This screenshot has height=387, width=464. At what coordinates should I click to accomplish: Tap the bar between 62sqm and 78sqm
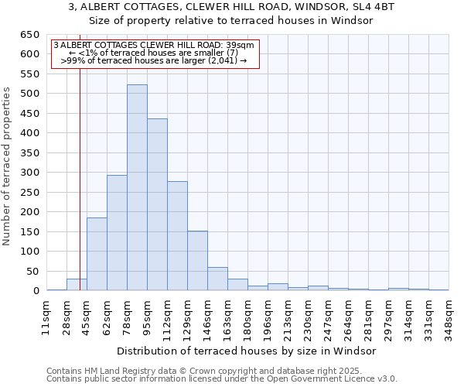point(117,232)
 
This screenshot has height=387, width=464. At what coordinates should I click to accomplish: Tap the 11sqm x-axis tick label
point(46,316)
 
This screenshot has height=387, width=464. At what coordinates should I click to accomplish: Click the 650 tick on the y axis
point(29,35)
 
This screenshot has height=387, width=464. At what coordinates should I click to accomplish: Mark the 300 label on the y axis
point(29,173)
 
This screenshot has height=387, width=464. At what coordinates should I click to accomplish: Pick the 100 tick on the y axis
point(29,252)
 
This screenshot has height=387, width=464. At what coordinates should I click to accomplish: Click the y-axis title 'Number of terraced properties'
point(8,166)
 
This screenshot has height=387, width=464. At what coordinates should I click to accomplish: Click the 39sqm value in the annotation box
point(230,45)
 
